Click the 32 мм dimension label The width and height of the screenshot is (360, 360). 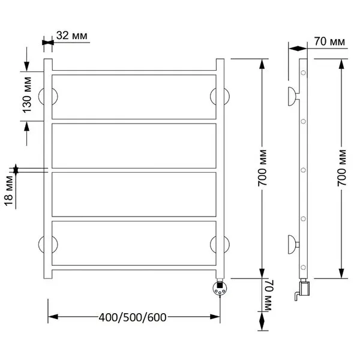[x=72, y=35]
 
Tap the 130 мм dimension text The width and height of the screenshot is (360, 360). [x=27, y=95]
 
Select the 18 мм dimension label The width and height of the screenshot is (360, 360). [x=9, y=191]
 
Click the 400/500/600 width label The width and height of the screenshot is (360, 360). [x=133, y=317]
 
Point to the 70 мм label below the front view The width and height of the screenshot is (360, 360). [x=268, y=295]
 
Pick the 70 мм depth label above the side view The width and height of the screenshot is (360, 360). [x=329, y=41]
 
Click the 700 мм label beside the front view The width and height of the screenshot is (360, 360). [x=262, y=168]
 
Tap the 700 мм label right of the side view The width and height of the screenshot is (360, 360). [x=342, y=168]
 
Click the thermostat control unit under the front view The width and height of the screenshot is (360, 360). [x=220, y=288]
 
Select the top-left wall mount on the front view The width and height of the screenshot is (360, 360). [x=48, y=97]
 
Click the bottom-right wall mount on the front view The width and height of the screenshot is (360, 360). [x=220, y=244]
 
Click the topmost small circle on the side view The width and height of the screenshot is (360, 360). [x=303, y=73]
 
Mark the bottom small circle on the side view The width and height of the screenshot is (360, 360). [x=303, y=267]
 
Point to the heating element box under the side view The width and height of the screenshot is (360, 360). [x=305, y=289]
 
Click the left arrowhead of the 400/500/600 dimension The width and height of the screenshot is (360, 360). [x=53, y=317]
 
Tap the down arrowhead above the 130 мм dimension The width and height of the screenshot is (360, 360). [x=26, y=67]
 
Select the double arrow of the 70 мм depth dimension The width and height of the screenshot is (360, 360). [x=298, y=49]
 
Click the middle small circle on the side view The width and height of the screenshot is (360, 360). [x=303, y=170]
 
